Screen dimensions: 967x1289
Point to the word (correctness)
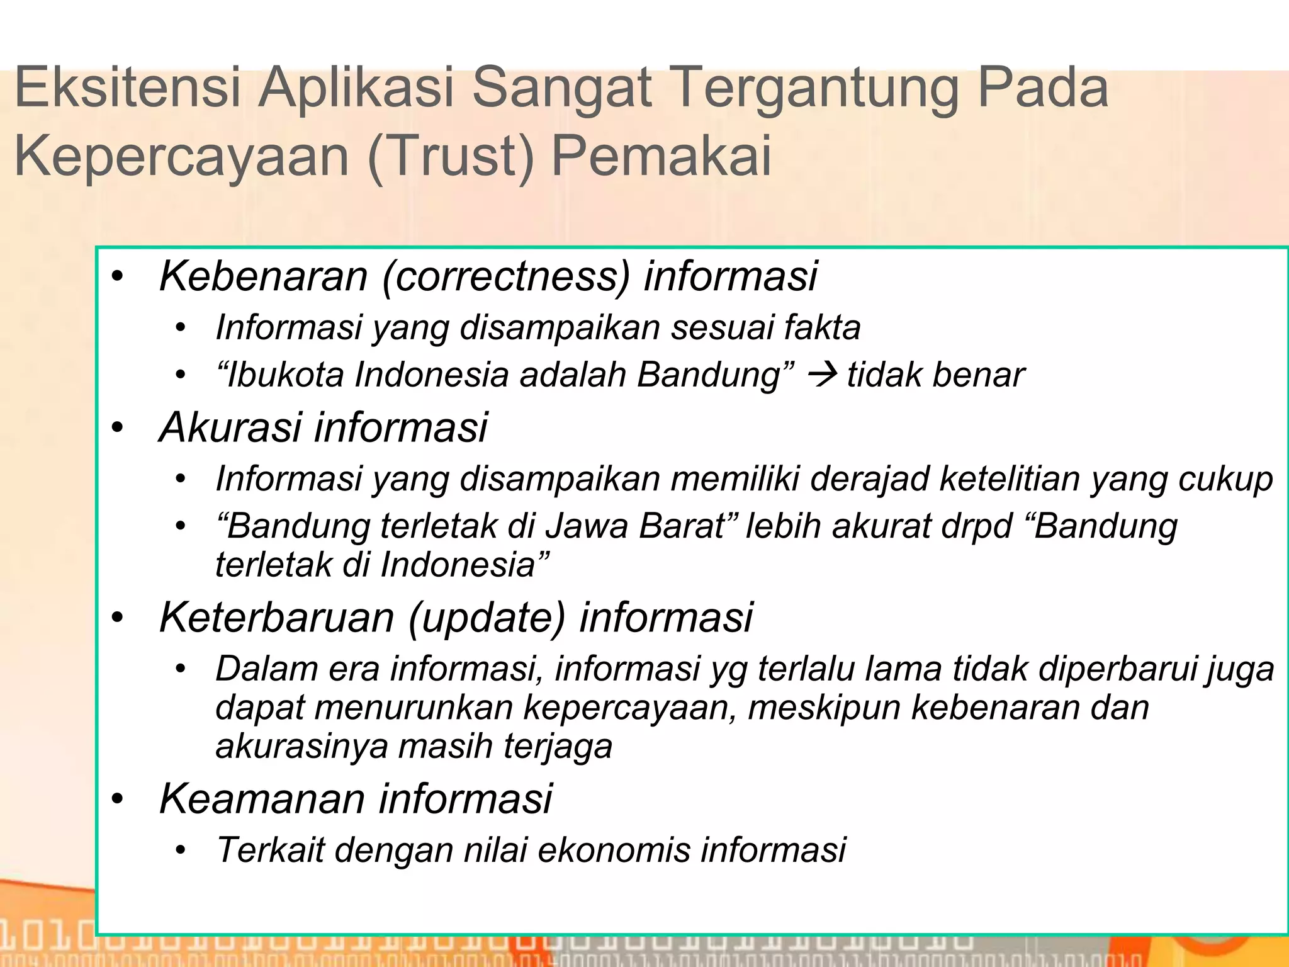point(505,277)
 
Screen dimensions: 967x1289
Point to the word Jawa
point(586,526)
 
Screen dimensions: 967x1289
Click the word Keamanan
point(262,799)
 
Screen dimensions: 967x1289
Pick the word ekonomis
point(614,850)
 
